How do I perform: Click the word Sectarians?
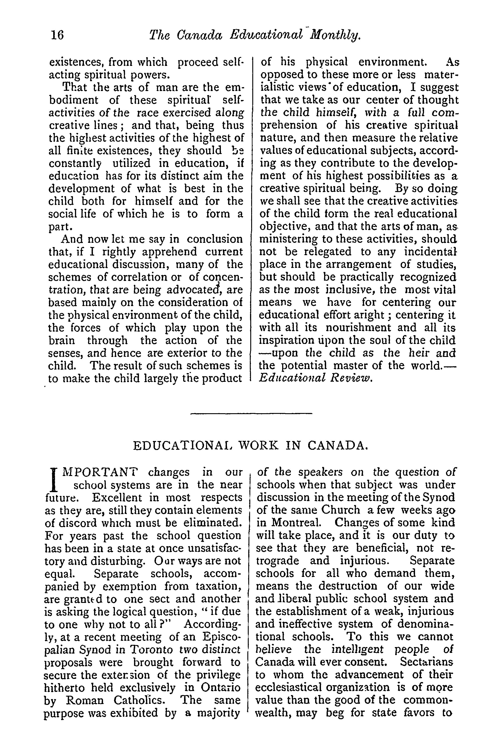click(426, 662)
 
